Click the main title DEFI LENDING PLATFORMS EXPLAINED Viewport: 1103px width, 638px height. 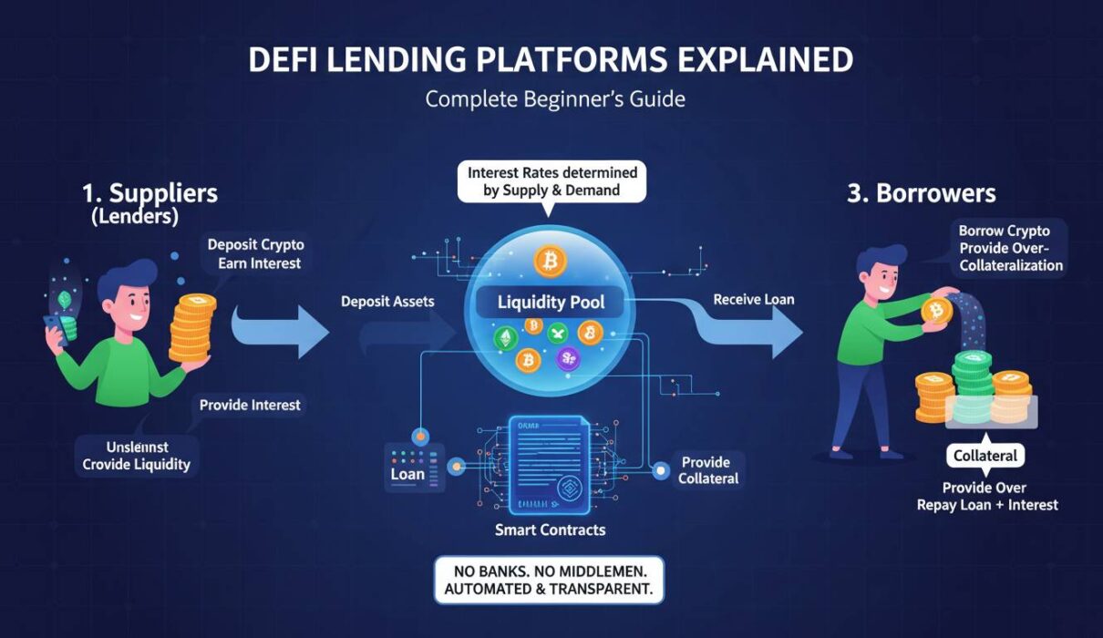pyautogui.click(x=551, y=60)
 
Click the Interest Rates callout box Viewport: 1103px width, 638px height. pyautogui.click(x=551, y=180)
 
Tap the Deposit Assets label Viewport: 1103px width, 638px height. pyautogui.click(x=387, y=301)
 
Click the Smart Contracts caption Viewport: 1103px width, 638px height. pyautogui.click(x=550, y=530)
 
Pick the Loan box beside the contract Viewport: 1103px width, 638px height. pyautogui.click(x=407, y=474)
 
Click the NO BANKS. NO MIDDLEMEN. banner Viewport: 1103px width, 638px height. pyautogui.click(x=549, y=580)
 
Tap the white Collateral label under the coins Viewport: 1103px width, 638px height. pyautogui.click(x=984, y=456)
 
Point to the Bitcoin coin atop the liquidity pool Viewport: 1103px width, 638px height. pyautogui.click(x=550, y=262)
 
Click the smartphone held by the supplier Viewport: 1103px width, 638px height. pyautogui.click(x=59, y=315)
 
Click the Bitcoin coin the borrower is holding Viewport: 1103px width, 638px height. pyautogui.click(x=936, y=312)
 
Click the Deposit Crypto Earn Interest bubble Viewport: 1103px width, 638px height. pyautogui.click(x=255, y=254)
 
